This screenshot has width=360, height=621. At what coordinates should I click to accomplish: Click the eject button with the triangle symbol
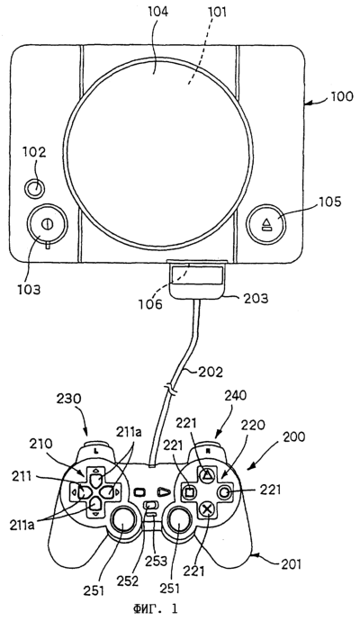[x=265, y=223]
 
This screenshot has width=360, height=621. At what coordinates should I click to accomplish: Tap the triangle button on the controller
[x=206, y=473]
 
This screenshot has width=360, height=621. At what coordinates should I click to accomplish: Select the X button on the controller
[x=206, y=508]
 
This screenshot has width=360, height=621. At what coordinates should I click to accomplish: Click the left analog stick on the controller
[x=122, y=525]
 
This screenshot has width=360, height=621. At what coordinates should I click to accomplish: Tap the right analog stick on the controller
[x=178, y=525]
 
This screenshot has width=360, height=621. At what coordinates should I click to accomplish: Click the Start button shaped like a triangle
[x=164, y=492]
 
